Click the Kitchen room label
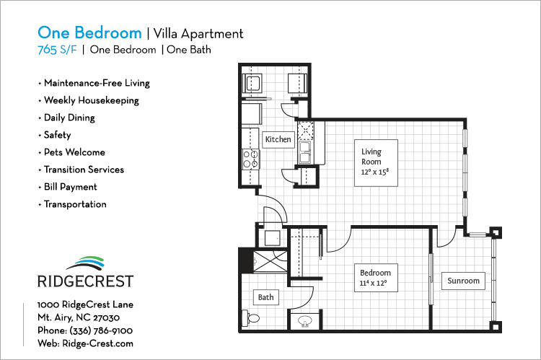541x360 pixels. (x=278, y=139)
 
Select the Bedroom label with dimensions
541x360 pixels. (x=374, y=278)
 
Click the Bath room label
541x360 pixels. (x=265, y=297)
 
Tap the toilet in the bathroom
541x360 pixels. (x=250, y=318)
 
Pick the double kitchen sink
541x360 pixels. (x=305, y=152)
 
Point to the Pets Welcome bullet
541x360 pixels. (x=74, y=152)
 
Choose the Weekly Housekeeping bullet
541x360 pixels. (x=91, y=100)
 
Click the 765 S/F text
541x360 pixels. (x=57, y=50)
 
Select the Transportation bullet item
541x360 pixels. (x=75, y=204)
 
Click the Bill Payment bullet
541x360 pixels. (x=70, y=187)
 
